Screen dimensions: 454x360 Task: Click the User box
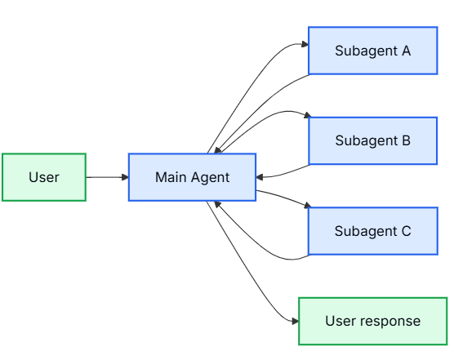[x=44, y=177]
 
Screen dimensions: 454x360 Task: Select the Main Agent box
[x=192, y=177]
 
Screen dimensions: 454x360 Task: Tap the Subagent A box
[x=373, y=51]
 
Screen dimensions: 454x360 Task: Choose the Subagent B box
[x=373, y=140]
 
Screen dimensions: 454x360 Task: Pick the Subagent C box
[x=373, y=231]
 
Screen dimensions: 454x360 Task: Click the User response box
[x=373, y=321]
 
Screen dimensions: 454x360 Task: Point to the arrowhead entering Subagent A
[x=305, y=44]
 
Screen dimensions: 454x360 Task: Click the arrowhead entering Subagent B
[x=307, y=115]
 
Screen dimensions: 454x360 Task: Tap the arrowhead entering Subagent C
[x=308, y=205]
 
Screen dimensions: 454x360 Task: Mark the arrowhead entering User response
[x=295, y=321]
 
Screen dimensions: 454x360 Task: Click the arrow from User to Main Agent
[x=107, y=177]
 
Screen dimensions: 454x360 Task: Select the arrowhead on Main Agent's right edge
[x=260, y=177]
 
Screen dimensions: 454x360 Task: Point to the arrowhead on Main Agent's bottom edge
[x=217, y=204]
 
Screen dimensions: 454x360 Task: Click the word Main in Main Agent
[x=171, y=177]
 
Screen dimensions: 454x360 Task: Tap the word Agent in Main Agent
[x=210, y=178]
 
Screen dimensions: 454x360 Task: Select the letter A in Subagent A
[x=406, y=51]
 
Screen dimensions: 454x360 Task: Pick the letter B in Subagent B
[x=406, y=140]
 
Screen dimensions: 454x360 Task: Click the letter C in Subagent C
[x=406, y=231]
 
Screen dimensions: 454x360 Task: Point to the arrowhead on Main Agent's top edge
[x=218, y=150]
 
